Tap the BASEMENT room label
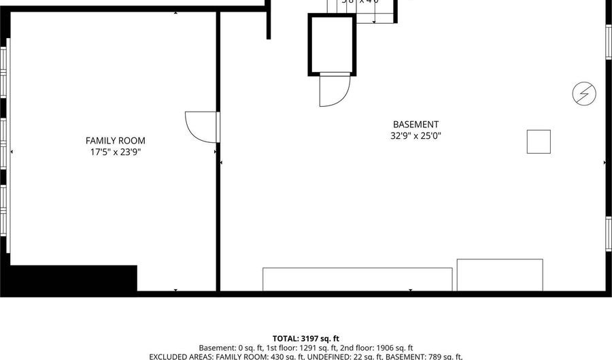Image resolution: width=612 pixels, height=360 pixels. point(415,125)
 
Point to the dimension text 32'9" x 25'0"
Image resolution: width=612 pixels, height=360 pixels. point(415,135)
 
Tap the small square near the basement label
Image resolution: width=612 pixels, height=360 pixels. point(539,142)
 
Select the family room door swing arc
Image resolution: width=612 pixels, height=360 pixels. point(199,127)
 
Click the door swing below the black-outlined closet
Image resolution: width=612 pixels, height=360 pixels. point(334,91)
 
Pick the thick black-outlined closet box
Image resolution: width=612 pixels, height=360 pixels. point(331,44)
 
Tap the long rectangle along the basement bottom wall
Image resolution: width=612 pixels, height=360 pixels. point(357,279)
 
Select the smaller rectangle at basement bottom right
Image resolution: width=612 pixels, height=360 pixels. point(499,275)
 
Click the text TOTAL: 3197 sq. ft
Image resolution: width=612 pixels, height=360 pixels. point(305,338)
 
